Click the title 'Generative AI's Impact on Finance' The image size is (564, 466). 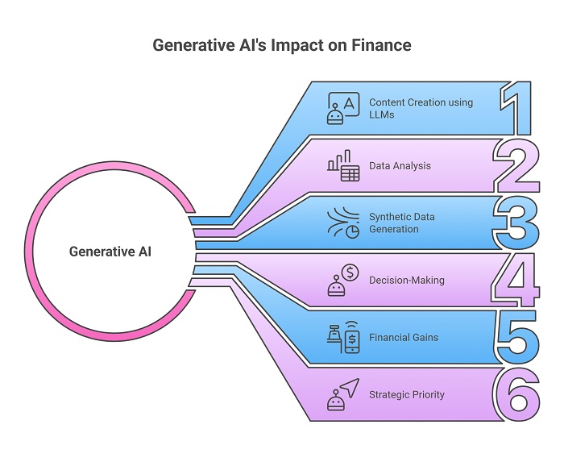coord(282,45)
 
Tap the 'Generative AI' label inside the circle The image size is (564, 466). coord(110,252)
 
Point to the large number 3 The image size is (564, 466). coord(516,223)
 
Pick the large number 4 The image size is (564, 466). coord(516,281)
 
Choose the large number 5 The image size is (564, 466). coord(516,338)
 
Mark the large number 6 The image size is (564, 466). coord(516,395)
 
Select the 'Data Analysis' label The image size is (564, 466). coord(400,166)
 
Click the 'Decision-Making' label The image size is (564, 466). coord(407,281)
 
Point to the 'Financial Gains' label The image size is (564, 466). coord(404,337)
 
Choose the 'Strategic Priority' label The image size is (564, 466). coord(407,394)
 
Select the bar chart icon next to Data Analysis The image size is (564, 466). coord(343,165)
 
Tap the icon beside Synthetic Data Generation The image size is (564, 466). coord(343,223)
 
